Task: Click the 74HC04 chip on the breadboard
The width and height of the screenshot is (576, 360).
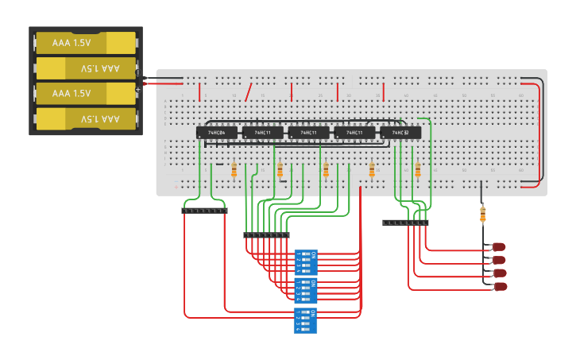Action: (x=217, y=133)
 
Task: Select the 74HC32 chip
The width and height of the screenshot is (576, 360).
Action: (x=400, y=133)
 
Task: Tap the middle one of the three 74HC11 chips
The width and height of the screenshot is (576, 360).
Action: (x=308, y=133)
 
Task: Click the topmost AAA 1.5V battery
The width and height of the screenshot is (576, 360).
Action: (x=86, y=43)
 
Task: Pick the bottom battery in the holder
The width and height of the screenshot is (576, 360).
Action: (x=86, y=119)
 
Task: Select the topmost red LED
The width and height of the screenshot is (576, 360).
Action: (x=499, y=247)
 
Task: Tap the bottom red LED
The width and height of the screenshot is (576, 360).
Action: (x=500, y=285)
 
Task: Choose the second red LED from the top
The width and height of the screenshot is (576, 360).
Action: (x=499, y=260)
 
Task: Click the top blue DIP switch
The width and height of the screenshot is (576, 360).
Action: (x=306, y=261)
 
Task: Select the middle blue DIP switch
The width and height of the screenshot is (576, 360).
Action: (x=306, y=291)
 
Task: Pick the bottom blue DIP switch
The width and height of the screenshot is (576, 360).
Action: (x=306, y=320)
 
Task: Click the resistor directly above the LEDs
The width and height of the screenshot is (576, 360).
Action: (x=482, y=214)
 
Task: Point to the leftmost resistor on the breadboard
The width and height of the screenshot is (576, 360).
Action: (x=234, y=169)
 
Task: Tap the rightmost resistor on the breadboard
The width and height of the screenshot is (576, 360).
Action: (x=418, y=169)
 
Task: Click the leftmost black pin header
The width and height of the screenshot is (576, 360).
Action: (x=204, y=211)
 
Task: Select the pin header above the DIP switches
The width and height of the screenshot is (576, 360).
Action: (x=266, y=235)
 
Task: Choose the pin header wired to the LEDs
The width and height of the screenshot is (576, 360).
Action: (x=405, y=223)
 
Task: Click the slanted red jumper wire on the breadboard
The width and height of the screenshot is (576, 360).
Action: (x=249, y=92)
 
